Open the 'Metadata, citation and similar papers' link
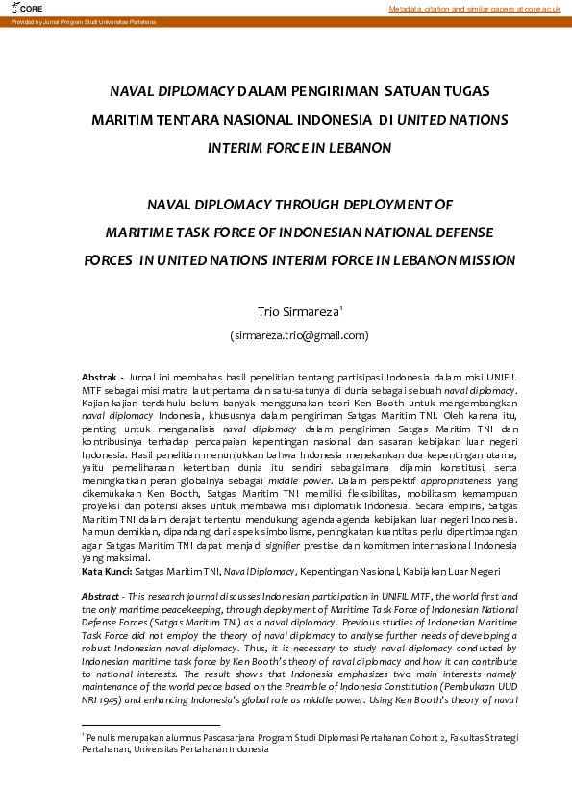point(474,9)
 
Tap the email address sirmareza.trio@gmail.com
point(299,335)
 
